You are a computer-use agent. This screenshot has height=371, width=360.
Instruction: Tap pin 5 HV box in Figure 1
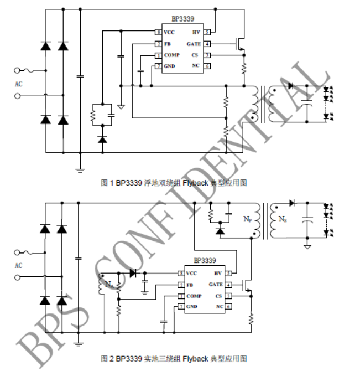[207, 33]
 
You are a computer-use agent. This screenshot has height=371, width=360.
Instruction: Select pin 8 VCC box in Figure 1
[159, 33]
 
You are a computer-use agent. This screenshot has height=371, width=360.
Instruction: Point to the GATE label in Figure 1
[194, 44]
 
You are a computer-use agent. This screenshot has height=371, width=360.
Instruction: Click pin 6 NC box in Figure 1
[207, 66]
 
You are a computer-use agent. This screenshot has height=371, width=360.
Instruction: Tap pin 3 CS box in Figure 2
[228, 296]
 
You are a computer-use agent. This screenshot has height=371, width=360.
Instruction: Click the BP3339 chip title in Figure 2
[205, 260]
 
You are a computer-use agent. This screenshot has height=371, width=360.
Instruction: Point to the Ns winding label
[282, 219]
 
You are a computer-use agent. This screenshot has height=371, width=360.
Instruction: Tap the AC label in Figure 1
[19, 84]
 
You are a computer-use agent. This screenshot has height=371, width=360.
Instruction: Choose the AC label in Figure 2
[19, 265]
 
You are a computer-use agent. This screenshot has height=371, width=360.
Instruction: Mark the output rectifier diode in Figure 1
[291, 86]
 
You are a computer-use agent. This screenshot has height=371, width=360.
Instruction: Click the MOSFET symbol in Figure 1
[241, 44]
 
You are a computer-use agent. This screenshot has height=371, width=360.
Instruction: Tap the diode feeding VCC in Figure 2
[133, 272]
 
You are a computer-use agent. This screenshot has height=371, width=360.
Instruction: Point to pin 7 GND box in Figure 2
[181, 307]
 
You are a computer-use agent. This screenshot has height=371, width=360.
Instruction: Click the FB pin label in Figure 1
[167, 44]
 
